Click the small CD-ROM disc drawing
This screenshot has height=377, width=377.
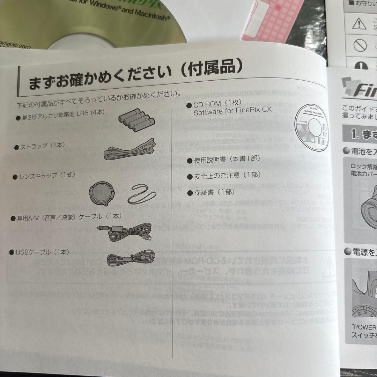[311, 127]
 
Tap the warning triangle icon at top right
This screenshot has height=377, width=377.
[357, 23]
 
